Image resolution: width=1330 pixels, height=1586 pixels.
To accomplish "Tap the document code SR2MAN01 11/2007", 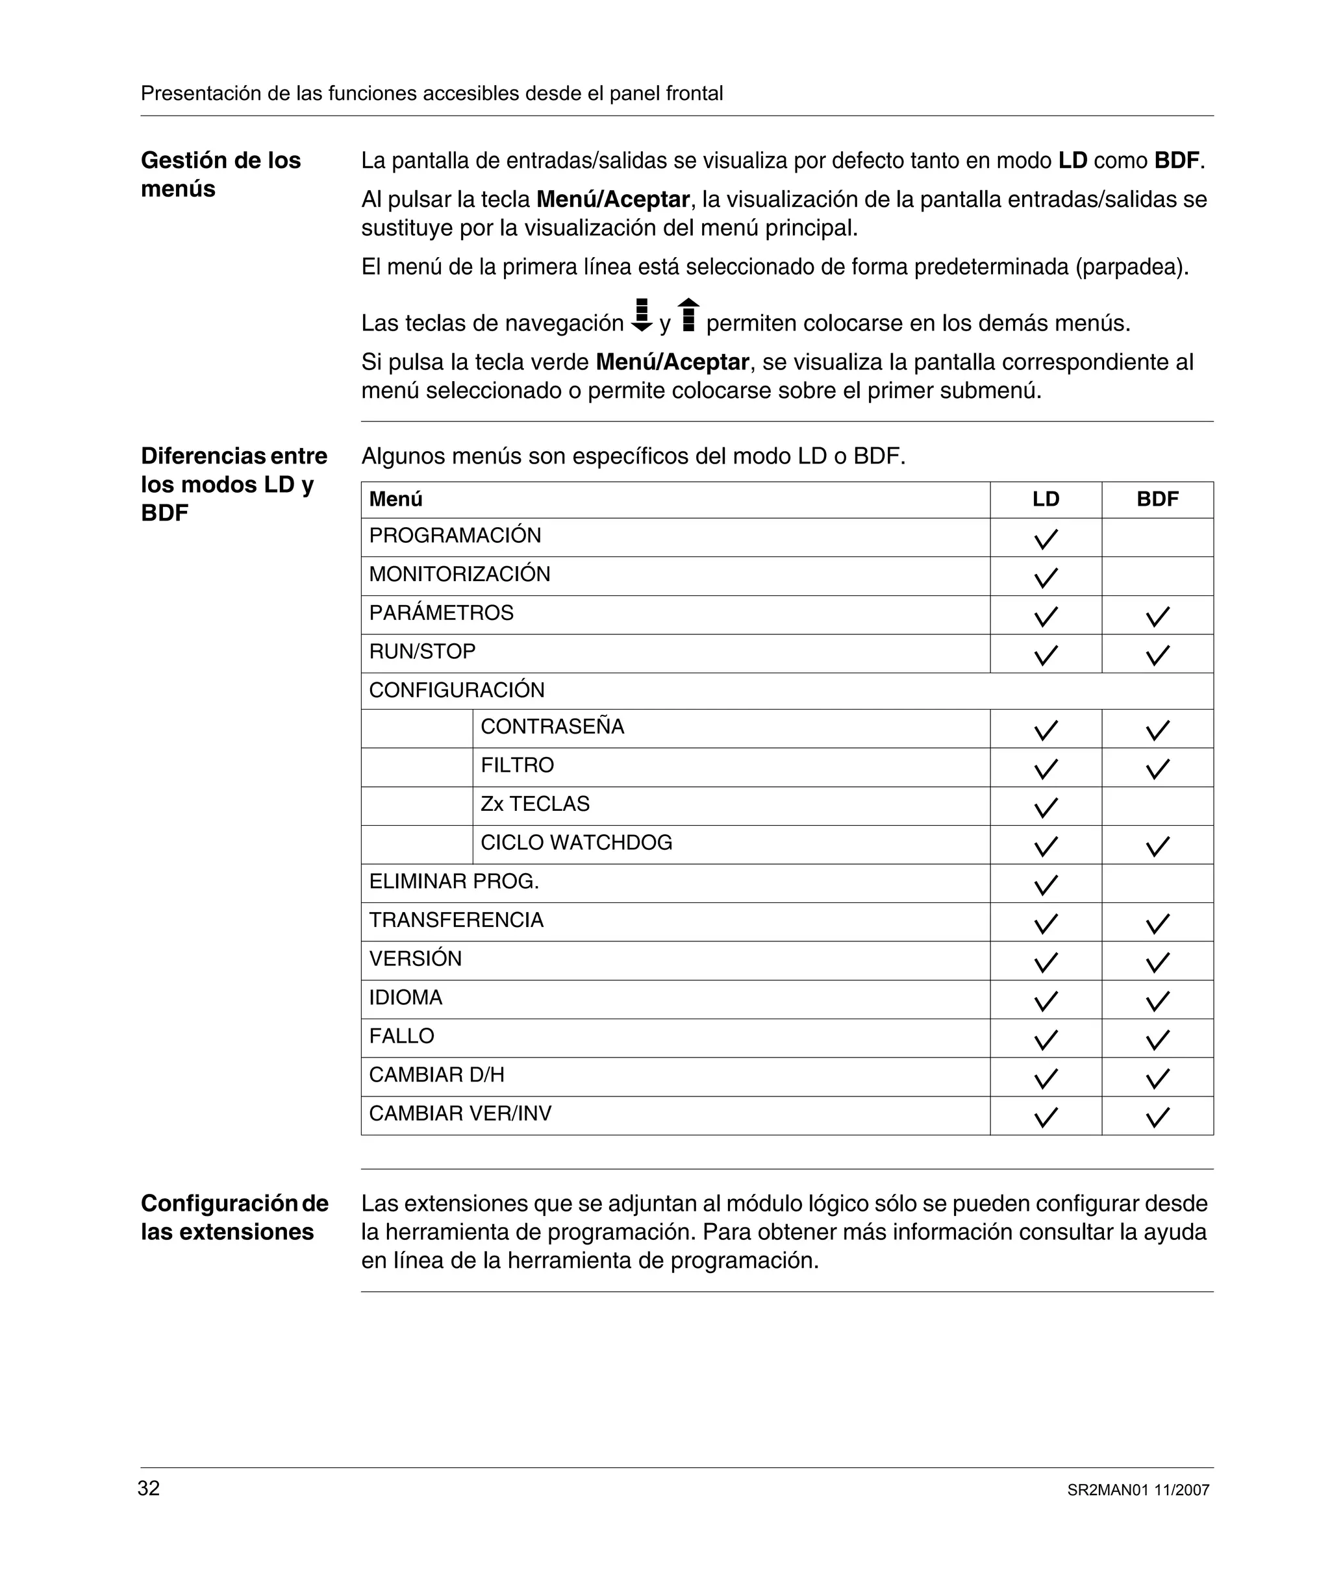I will pos(1138,1490).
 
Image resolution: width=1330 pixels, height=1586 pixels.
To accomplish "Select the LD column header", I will pos(1046,499).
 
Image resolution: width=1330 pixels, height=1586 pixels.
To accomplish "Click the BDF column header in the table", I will pos(1157,499).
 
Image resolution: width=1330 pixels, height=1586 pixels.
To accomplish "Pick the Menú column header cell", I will pos(396,499).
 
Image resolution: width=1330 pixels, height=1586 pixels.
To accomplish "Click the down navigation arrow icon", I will pos(642,316).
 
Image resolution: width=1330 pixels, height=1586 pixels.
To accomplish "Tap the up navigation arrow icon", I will pos(688,315).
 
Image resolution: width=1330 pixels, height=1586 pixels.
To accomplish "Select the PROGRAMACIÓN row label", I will pos(455,536).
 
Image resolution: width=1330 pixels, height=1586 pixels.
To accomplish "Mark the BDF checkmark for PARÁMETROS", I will pos(1157,616).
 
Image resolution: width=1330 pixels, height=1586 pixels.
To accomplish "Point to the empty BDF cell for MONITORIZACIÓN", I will pos(1157,576).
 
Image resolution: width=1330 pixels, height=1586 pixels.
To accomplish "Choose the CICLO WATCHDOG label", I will pos(576,843).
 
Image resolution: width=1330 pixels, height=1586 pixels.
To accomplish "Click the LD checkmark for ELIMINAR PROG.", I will pos(1046,884).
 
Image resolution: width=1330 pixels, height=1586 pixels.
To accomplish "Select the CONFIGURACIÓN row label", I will pos(457,690).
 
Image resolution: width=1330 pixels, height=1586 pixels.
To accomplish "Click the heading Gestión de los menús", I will pos(221,175).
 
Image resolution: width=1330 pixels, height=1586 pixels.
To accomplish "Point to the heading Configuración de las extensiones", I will pos(234,1217).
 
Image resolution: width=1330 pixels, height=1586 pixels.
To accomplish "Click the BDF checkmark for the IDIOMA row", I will pos(1157,1000).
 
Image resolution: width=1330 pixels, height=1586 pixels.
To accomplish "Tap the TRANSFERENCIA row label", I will pos(456,920).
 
